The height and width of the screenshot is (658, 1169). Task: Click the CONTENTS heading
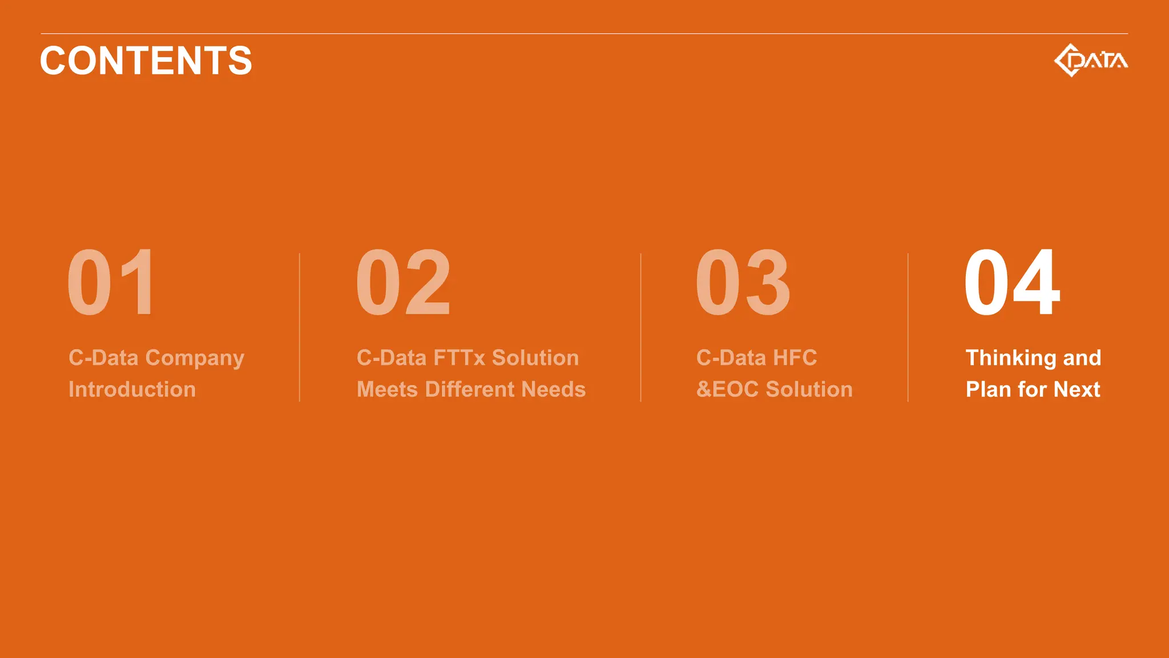pos(146,61)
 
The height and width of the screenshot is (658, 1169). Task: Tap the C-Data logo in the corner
pos(1090,60)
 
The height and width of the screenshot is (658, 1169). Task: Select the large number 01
pos(111,282)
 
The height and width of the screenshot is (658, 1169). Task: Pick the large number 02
pos(404,282)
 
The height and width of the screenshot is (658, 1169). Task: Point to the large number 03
pos(743,282)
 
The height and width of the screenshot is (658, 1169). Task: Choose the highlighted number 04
pos(1012,282)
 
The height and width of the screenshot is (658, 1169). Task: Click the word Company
pos(195,358)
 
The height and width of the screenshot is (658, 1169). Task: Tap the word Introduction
pos(132,390)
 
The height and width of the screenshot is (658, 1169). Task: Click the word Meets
pos(387,390)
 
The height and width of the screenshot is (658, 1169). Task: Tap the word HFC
pos(795,358)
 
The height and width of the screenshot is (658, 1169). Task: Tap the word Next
pos(1077,390)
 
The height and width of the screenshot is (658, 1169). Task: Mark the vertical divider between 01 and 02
pos(300,327)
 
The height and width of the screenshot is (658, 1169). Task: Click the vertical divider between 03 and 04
pos(908,327)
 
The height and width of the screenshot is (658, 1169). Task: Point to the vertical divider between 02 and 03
pos(641,327)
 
